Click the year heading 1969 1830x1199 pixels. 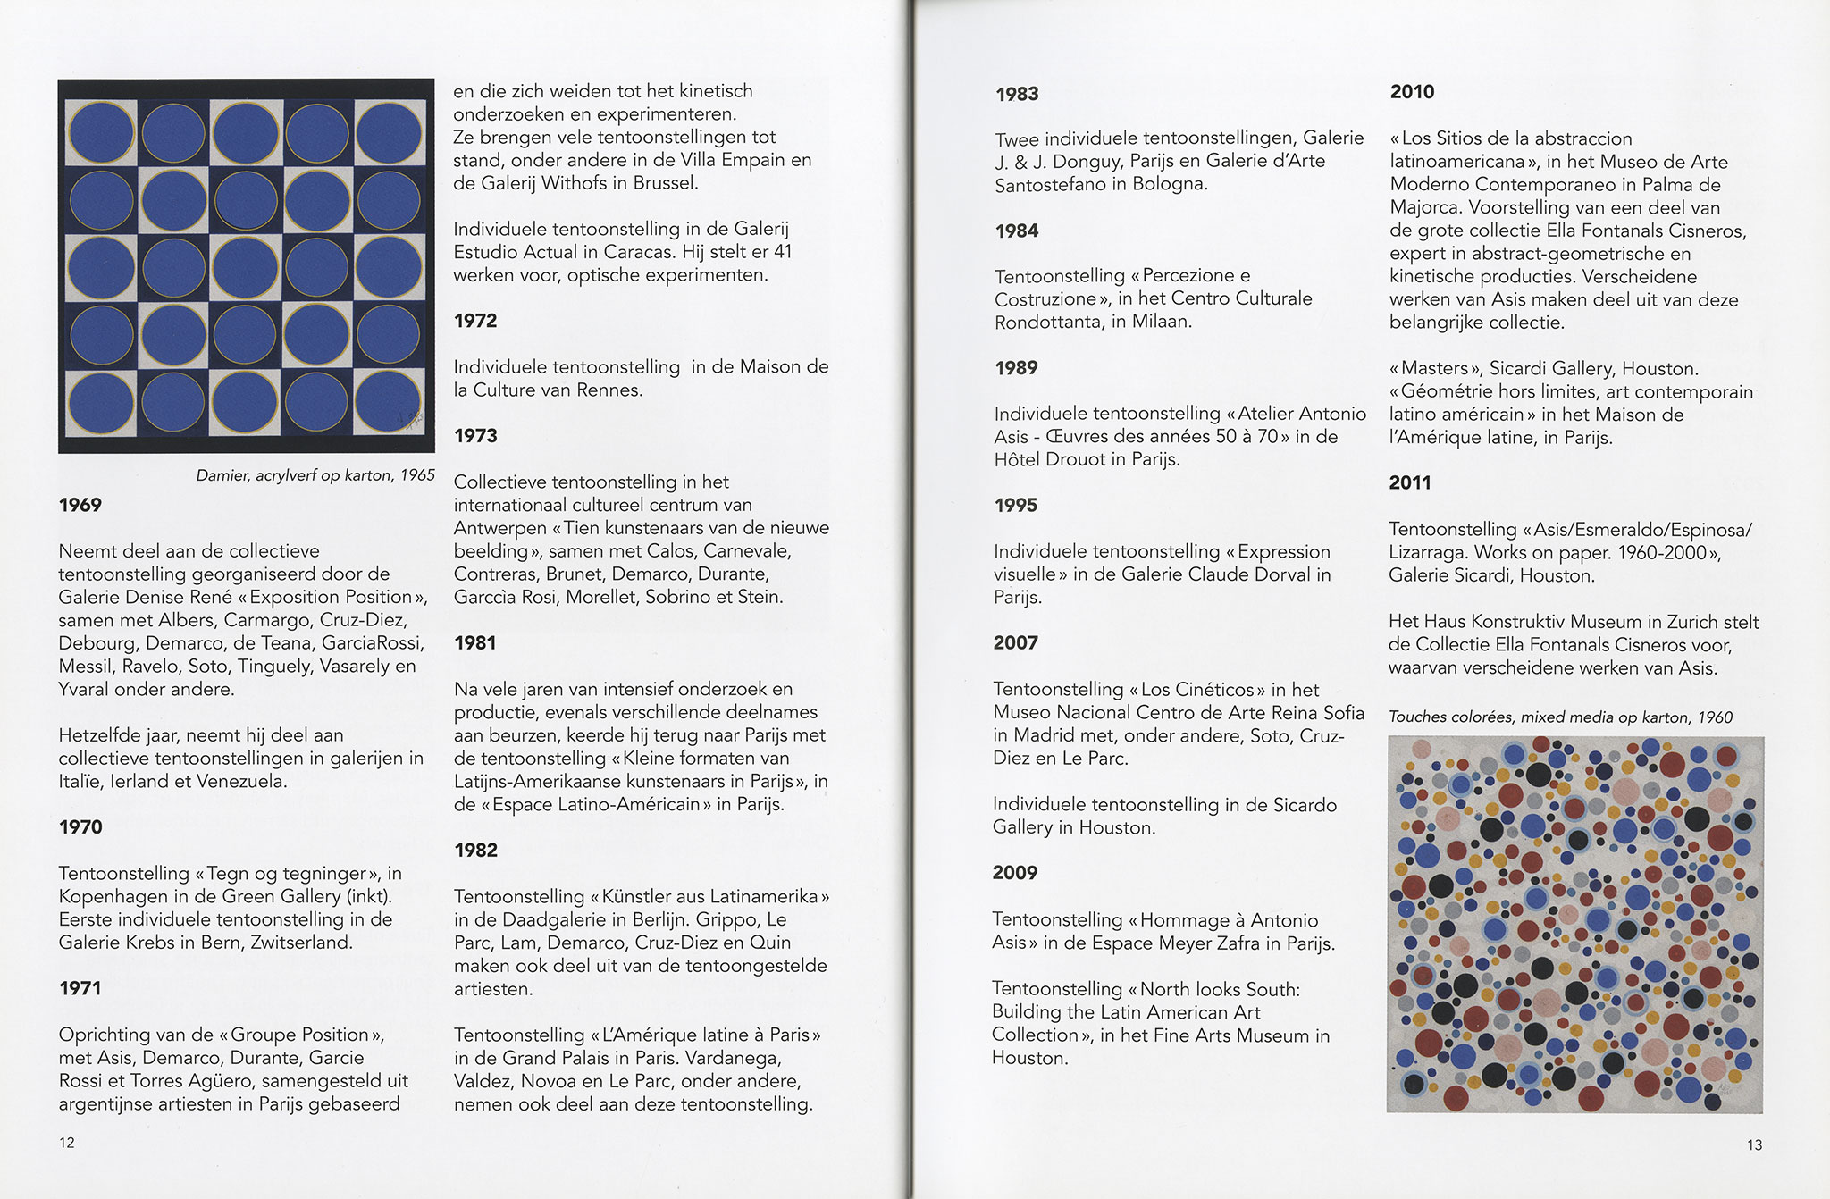coord(80,505)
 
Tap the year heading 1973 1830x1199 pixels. coord(475,436)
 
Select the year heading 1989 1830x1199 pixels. coord(1017,368)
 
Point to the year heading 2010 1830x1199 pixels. coord(1413,92)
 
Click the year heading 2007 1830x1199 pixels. coord(1016,642)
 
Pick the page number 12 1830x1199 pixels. coord(67,1143)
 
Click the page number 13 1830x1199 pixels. coord(1754,1144)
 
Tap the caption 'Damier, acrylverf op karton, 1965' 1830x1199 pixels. coord(315,475)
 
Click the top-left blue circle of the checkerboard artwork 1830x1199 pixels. coord(101,134)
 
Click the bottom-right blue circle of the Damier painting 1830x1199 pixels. coord(389,402)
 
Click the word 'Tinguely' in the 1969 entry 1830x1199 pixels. coord(296,667)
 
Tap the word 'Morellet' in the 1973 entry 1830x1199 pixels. coord(601,597)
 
